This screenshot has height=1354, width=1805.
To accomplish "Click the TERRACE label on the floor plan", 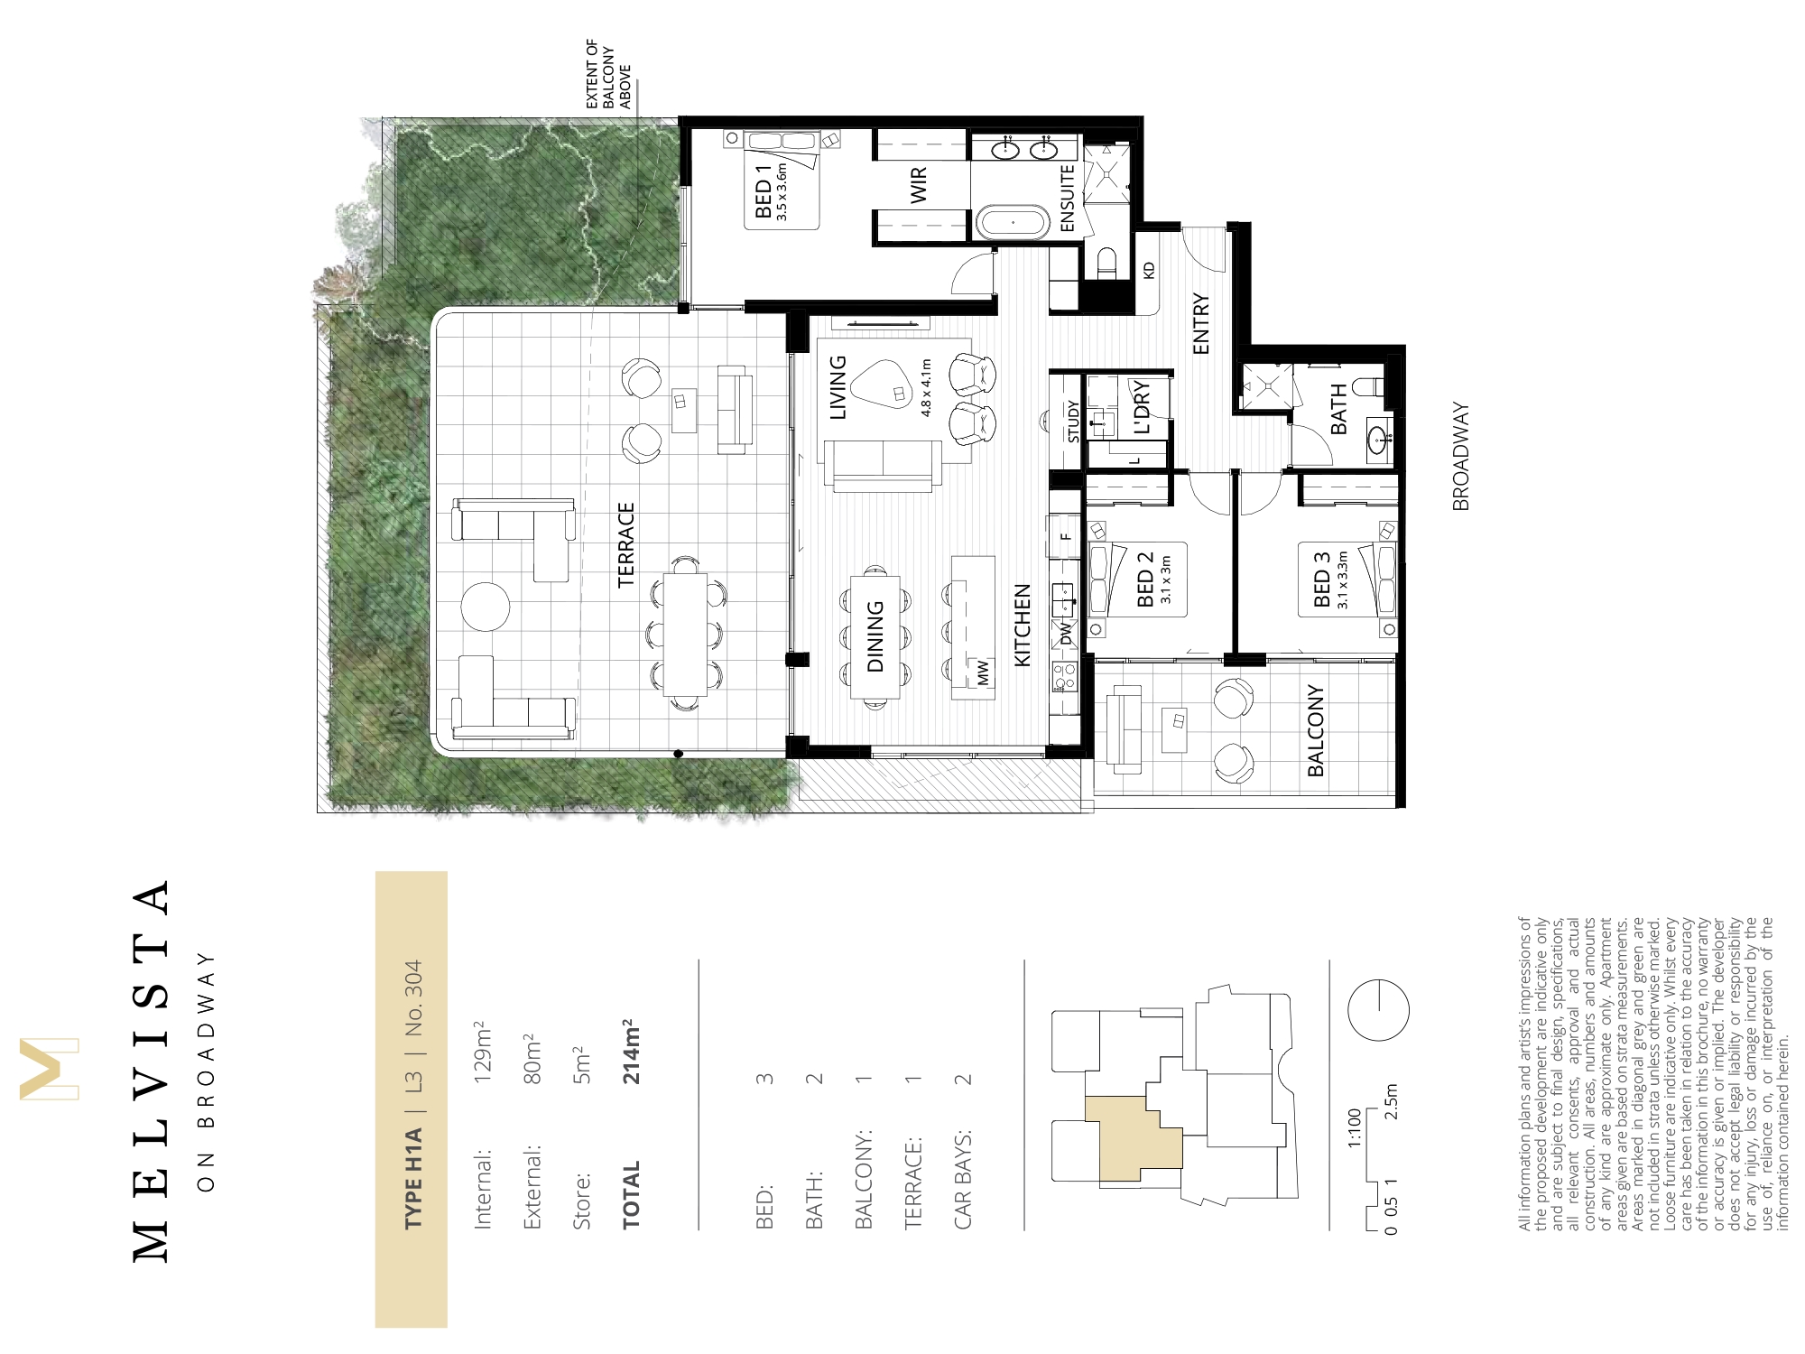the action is pyautogui.click(x=626, y=545).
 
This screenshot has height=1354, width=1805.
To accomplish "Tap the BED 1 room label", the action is pyautogui.click(x=764, y=199).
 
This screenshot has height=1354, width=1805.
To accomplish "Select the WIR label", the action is pyautogui.click(x=919, y=185).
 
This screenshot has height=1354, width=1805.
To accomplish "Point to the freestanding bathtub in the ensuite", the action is pyautogui.click(x=1013, y=222).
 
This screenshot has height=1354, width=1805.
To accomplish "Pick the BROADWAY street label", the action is pyautogui.click(x=1461, y=457).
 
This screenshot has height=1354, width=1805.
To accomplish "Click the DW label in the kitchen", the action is pyautogui.click(x=1066, y=634).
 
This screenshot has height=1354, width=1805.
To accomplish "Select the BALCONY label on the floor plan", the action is pyautogui.click(x=1316, y=731).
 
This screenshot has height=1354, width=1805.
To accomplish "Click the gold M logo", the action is pyautogui.click(x=49, y=1070).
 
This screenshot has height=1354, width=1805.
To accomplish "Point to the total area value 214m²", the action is pyautogui.click(x=632, y=1052).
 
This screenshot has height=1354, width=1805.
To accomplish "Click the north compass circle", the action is pyautogui.click(x=1378, y=1010).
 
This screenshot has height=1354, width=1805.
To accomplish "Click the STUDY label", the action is pyautogui.click(x=1073, y=422).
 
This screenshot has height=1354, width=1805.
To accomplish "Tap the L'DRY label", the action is pyautogui.click(x=1142, y=407).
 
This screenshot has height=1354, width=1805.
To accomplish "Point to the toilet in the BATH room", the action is pyautogui.click(x=1370, y=386).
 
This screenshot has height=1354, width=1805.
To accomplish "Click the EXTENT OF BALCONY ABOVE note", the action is pyautogui.click(x=609, y=75).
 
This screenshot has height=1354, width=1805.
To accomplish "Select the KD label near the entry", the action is pyautogui.click(x=1149, y=270).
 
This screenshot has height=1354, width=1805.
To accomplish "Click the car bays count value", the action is pyautogui.click(x=963, y=1079).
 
